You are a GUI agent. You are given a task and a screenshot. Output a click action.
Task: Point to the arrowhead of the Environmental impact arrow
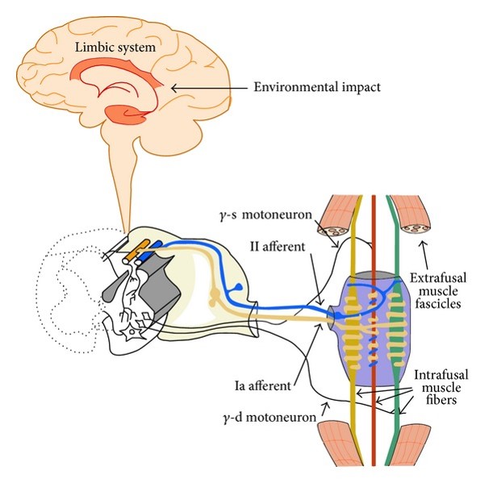pyautogui.click(x=174, y=86)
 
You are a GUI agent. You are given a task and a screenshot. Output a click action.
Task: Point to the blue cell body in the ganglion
pyautogui.click(x=240, y=286)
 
